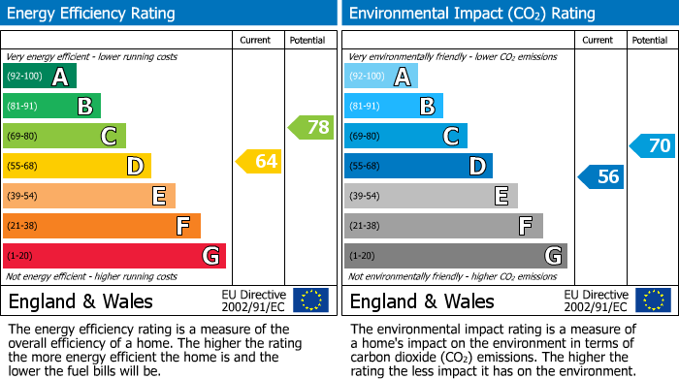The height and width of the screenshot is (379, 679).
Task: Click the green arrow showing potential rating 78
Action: click(x=310, y=127)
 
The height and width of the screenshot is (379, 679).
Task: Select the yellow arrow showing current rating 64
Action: click(x=259, y=161)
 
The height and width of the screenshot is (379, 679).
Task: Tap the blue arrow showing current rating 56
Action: click(x=600, y=176)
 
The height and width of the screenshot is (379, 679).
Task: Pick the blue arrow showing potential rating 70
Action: click(x=652, y=146)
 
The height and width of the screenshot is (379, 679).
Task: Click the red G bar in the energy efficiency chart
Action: click(x=114, y=256)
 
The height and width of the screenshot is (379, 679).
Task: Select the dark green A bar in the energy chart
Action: click(x=40, y=77)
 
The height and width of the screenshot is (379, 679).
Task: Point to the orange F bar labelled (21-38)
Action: click(x=102, y=226)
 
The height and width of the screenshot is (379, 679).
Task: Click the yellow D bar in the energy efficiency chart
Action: click(x=77, y=166)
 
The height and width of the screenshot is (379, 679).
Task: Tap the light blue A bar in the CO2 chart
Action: click(x=381, y=77)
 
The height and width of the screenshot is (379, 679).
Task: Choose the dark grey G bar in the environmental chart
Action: click(x=456, y=256)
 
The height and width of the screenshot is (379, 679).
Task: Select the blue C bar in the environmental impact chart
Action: click(x=405, y=136)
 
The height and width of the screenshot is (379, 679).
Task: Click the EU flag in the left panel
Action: click(x=310, y=300)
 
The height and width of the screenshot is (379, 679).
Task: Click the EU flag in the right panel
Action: click(x=652, y=300)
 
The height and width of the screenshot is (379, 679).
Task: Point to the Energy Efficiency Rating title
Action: click(x=92, y=14)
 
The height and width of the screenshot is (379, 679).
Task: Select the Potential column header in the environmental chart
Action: click(x=650, y=40)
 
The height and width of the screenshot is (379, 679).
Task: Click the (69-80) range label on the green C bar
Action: click(x=23, y=137)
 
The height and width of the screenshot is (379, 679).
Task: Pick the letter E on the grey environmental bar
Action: click(x=501, y=196)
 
